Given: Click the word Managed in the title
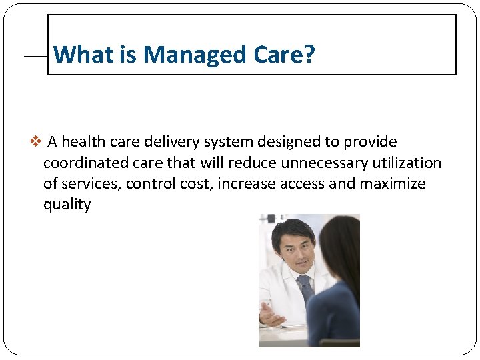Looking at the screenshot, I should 195,55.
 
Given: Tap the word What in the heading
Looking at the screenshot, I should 84,54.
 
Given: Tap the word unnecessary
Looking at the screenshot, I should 325,163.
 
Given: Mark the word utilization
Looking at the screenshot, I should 407,163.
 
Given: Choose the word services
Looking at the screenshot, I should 90,184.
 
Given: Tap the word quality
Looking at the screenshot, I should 67,205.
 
